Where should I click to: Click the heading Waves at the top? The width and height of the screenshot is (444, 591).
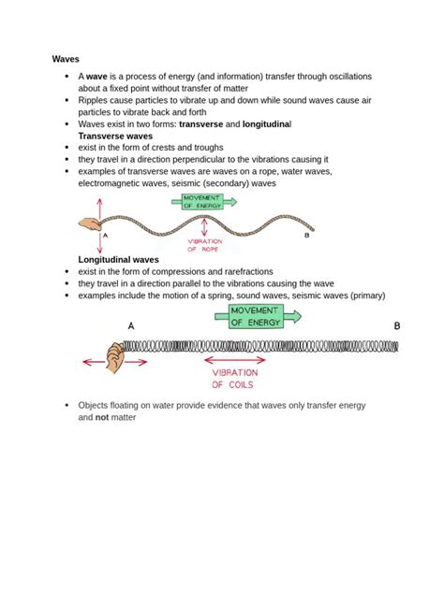[66, 59]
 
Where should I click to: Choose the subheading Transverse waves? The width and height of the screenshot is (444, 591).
[114, 135]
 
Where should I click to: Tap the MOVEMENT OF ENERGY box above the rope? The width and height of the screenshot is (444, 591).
[198, 201]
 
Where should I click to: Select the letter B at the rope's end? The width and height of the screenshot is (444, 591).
[306, 236]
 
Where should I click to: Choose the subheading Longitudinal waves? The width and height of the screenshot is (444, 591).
[118, 259]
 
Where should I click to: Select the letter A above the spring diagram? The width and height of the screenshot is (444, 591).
[130, 325]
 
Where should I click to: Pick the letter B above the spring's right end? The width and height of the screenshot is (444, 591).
[396, 325]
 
